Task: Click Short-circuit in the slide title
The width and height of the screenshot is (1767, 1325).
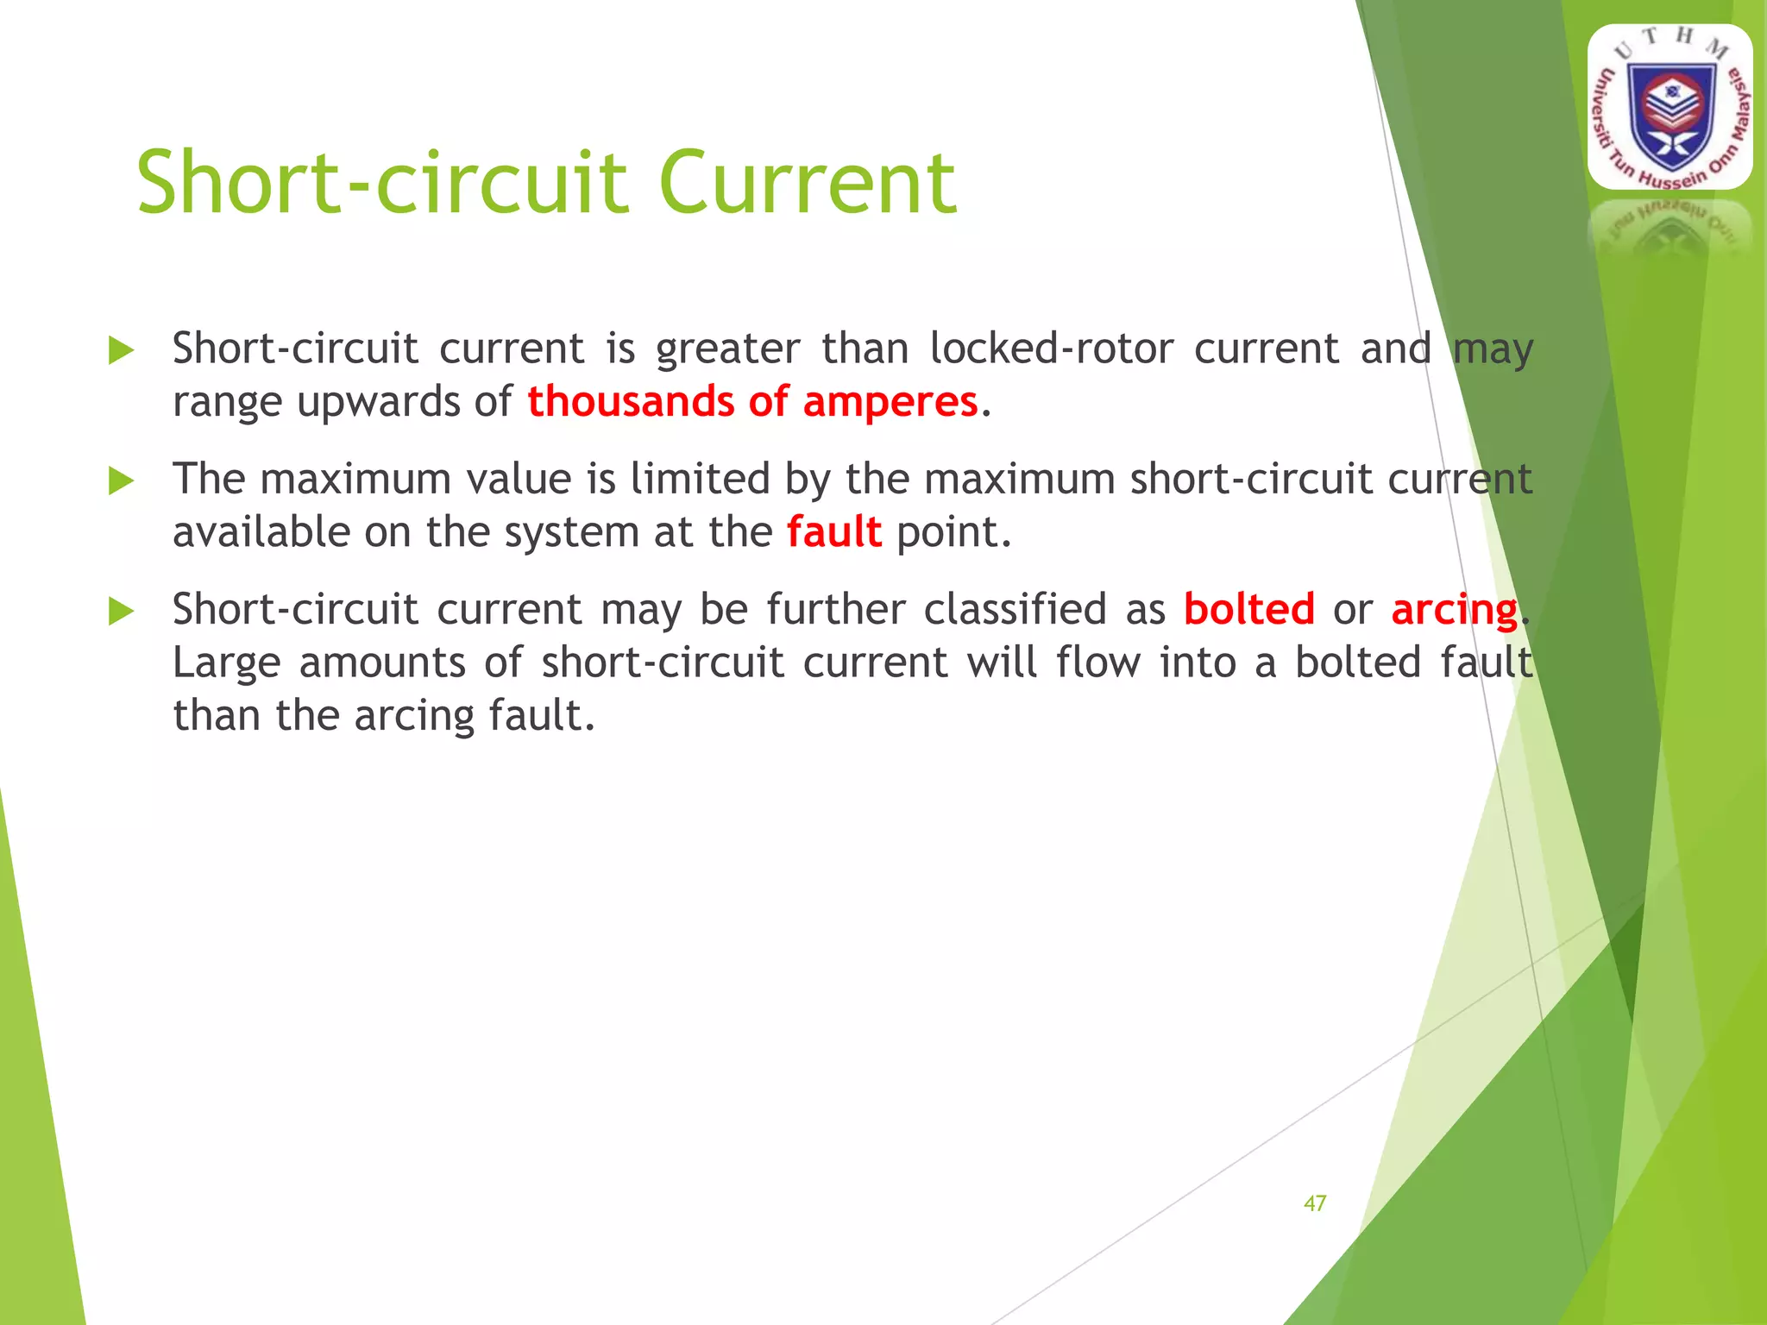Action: [x=382, y=183]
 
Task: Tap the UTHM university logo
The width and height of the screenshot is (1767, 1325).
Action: [x=1670, y=107]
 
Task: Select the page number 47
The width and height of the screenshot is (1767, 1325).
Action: [x=1315, y=1203]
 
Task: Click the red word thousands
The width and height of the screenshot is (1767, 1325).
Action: [x=630, y=402]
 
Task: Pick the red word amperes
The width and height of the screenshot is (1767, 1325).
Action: [x=890, y=402]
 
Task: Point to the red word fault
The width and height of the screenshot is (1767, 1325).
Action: [x=833, y=532]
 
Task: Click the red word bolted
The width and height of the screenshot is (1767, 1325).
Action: [x=1248, y=610]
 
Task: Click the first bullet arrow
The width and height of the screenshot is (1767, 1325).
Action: [x=122, y=351]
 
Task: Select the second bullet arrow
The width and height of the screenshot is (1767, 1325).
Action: [x=122, y=481]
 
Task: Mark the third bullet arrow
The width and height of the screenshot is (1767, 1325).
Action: [x=122, y=612]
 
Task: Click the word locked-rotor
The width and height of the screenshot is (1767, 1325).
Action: [x=1051, y=349]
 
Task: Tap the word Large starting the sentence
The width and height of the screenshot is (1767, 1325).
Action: [x=226, y=664]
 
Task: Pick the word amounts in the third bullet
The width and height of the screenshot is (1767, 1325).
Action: [x=382, y=663]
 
